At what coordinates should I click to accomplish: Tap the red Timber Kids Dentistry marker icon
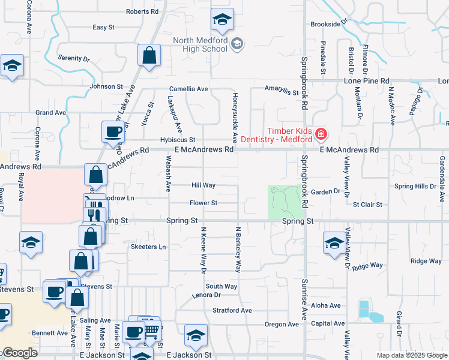(x=321, y=133)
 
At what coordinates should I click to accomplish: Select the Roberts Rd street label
(x=142, y=11)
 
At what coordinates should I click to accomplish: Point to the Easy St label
(x=103, y=27)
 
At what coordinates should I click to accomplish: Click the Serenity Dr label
(x=73, y=58)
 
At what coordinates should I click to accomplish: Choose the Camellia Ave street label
(x=188, y=89)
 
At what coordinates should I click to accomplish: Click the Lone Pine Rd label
(x=366, y=80)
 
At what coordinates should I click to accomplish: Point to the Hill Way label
(x=203, y=185)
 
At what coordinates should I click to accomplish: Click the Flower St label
(x=203, y=203)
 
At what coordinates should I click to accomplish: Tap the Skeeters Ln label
(x=148, y=247)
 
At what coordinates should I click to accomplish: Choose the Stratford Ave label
(x=232, y=310)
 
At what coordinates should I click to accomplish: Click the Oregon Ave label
(x=282, y=325)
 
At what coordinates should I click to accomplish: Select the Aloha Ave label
(x=327, y=305)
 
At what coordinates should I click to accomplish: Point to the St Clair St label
(x=367, y=205)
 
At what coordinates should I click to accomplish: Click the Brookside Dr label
(x=329, y=24)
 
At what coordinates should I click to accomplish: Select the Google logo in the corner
(x=19, y=353)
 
